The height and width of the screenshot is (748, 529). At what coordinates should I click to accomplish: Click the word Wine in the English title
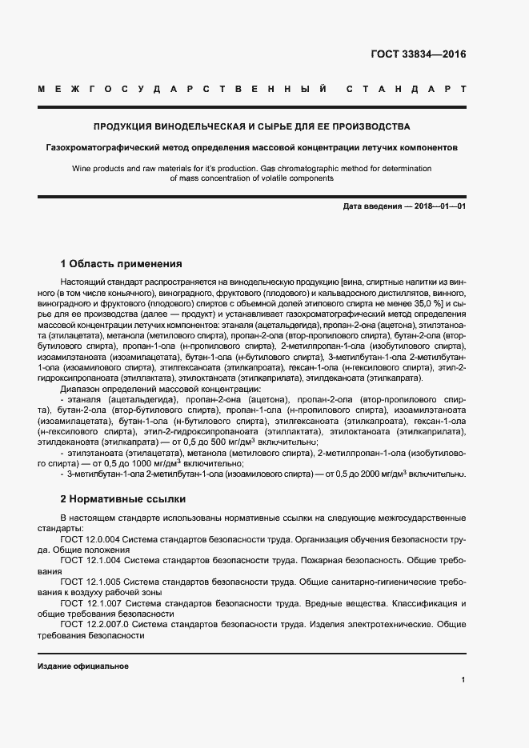pos(82,169)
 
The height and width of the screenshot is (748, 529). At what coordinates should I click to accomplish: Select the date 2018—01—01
pos(439,206)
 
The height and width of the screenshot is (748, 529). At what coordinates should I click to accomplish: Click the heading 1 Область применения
pos(122,263)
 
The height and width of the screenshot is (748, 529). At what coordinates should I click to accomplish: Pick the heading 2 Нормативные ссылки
pos(118,498)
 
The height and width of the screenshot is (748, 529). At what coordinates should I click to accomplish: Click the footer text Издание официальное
pos(83,666)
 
